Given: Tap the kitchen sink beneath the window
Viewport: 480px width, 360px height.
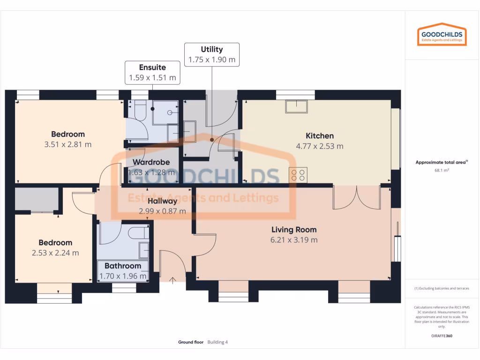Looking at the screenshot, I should pyautogui.click(x=296, y=106).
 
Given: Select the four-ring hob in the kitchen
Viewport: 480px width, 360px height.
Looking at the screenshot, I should pyautogui.click(x=298, y=175).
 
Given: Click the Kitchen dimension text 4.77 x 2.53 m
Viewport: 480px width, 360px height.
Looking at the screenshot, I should pyautogui.click(x=319, y=146).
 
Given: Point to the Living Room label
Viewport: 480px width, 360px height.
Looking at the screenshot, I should pyautogui.click(x=294, y=230).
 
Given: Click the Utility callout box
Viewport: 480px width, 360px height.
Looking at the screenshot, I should pyautogui.click(x=211, y=54).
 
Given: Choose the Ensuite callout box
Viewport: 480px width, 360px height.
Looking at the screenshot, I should pyautogui.click(x=152, y=73).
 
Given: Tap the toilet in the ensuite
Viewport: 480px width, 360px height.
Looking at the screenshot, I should pyautogui.click(x=139, y=112).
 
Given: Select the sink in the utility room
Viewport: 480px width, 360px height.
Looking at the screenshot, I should pyautogui.click(x=190, y=131).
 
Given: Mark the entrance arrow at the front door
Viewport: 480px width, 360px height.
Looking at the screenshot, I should pyautogui.click(x=173, y=280).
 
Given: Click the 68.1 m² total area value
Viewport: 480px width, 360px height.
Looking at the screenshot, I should pyautogui.click(x=442, y=171).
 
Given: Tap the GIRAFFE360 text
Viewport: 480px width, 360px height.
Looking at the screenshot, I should pyautogui.click(x=442, y=336).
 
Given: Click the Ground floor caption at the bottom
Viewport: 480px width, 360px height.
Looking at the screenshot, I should pyautogui.click(x=191, y=342).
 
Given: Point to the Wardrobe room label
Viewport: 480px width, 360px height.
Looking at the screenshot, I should pyautogui.click(x=151, y=162).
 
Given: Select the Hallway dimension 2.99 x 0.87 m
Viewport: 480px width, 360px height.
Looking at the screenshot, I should pyautogui.click(x=162, y=211).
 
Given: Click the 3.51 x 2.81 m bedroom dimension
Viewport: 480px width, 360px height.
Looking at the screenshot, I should pyautogui.click(x=68, y=144).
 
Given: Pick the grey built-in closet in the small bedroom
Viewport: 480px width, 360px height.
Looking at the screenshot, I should pyautogui.click(x=37, y=199).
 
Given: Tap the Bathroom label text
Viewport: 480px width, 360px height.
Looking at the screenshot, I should pyautogui.click(x=123, y=266).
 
